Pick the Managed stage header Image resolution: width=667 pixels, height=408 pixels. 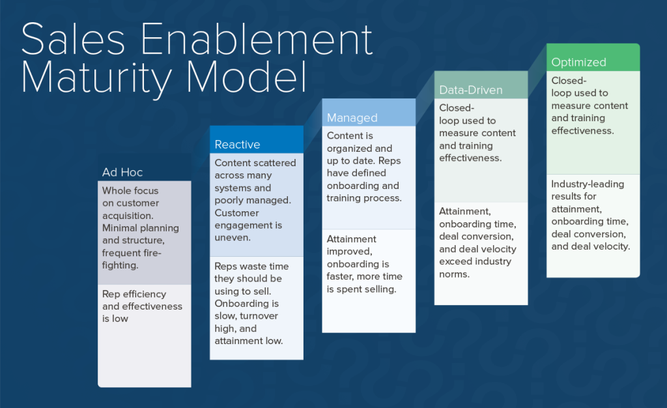pyautogui.click(x=352, y=117)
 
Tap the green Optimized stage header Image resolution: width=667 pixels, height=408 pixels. pyautogui.click(x=578, y=62)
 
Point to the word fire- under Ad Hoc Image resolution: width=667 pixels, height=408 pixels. pyautogui.click(x=150, y=253)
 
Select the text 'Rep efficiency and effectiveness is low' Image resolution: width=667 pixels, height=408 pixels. pyautogui.click(x=142, y=306)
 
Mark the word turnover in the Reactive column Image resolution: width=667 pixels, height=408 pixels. pyautogui.click(x=256, y=316)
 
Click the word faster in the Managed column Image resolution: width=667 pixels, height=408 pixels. pyautogui.click(x=341, y=276)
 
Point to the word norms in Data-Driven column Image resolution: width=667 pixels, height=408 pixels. pyautogui.click(x=454, y=274)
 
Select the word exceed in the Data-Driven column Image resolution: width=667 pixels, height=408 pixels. pyautogui.click(x=455, y=261)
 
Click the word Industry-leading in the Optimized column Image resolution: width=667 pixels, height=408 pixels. pyautogui.click(x=588, y=184)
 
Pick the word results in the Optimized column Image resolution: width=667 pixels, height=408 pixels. pyautogui.click(x=565, y=196)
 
